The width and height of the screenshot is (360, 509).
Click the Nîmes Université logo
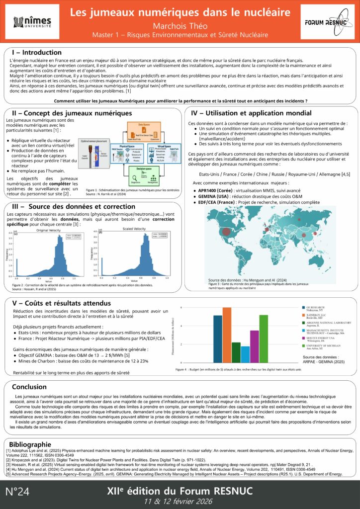pos(32,22)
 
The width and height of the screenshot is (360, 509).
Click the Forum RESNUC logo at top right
pos(327,22)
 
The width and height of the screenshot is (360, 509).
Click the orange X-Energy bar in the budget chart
pos(227,335)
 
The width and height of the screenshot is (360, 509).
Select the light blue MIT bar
pos(245,354)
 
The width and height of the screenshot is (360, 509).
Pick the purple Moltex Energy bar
pos(254,346)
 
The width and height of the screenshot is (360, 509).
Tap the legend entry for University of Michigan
pos(325,345)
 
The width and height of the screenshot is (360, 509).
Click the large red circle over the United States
pos(226,231)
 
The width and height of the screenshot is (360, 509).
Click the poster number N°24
pos(17,492)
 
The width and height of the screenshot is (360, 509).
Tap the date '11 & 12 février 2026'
pos(180,499)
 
